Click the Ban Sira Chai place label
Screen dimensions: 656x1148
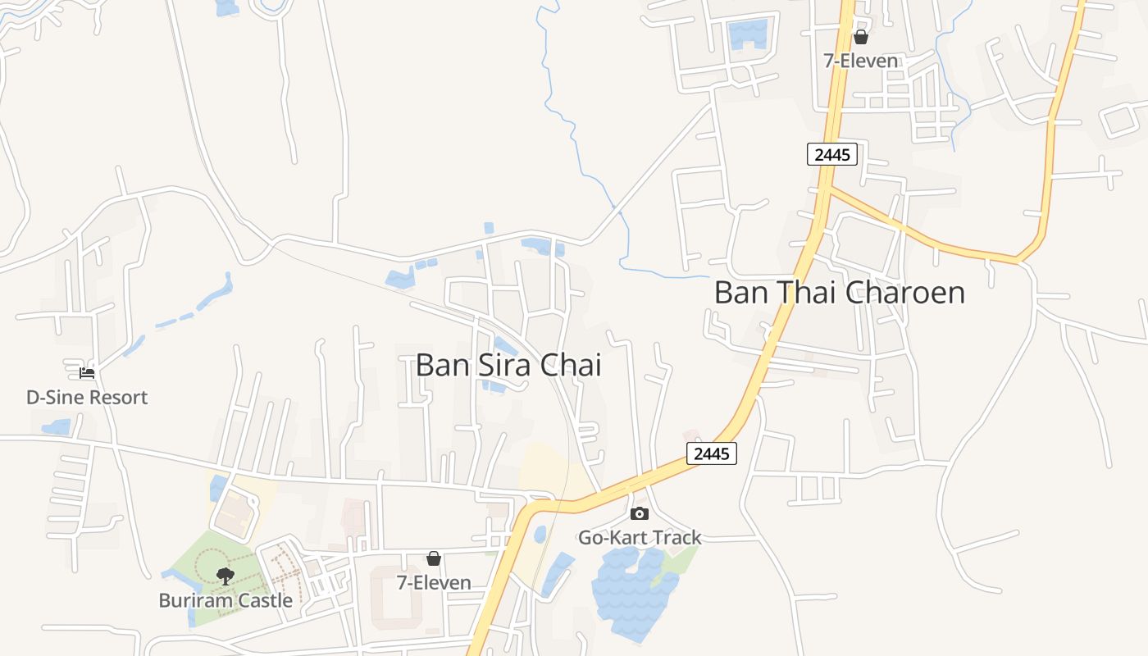point(508,365)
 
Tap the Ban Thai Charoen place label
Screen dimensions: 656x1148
point(839,293)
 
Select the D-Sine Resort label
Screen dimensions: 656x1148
point(87,398)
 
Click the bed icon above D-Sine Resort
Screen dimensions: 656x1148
point(87,373)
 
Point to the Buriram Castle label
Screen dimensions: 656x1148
point(225,600)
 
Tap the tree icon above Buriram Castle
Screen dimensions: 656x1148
point(225,576)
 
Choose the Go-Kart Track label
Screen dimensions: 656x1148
point(640,538)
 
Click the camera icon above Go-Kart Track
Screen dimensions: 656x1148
point(640,513)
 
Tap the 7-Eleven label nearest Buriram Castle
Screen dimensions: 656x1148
point(434,583)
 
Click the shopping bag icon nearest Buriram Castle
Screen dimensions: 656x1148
point(434,558)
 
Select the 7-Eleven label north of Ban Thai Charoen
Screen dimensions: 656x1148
point(861,61)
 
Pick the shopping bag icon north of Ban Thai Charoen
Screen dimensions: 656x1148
point(861,37)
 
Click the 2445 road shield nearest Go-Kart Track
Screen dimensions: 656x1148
point(711,453)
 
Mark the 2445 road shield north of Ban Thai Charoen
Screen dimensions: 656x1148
point(832,154)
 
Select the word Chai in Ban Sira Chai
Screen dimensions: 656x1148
point(571,365)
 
